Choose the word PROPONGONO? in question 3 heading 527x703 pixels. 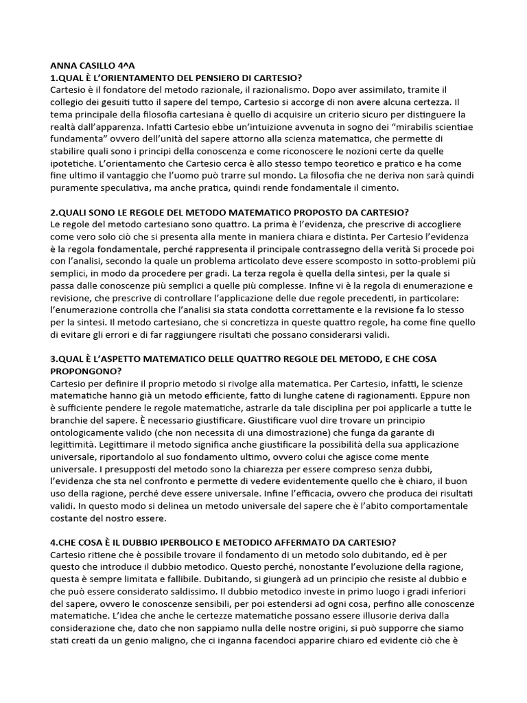[86, 370]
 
